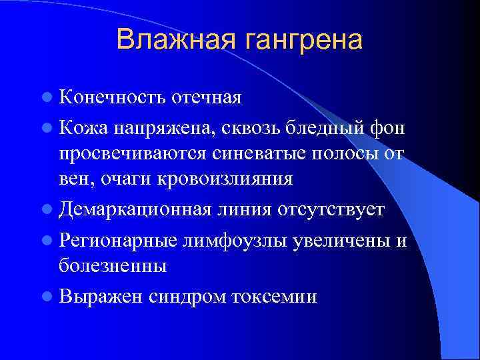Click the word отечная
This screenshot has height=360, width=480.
206,99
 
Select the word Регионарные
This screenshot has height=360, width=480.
119,238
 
